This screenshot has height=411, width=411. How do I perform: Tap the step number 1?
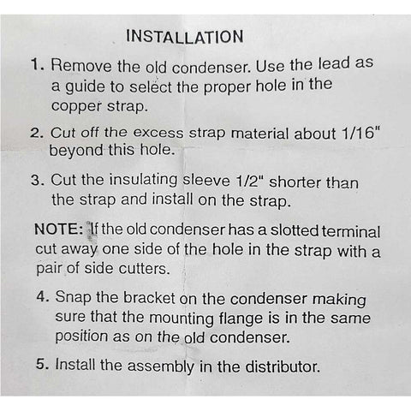tap(38, 65)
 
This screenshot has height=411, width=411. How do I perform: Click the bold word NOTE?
tap(58, 231)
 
